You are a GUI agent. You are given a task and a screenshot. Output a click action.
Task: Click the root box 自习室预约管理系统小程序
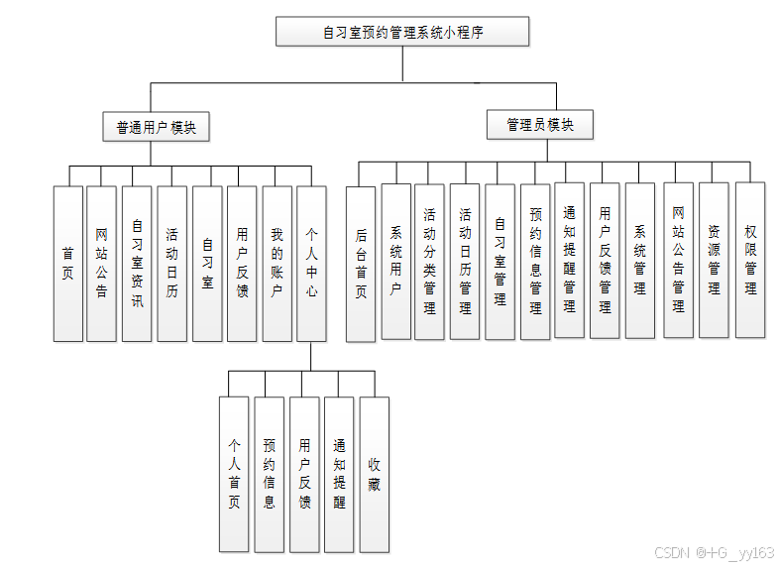click(402, 33)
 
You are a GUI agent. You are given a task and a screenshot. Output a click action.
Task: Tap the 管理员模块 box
click(540, 125)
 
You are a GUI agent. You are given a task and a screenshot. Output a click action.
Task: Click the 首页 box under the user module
click(68, 264)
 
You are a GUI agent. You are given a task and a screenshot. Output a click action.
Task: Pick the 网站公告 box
click(102, 264)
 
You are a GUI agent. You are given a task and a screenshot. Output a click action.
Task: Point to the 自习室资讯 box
click(137, 264)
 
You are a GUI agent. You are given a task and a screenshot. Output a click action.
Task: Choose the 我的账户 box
click(277, 264)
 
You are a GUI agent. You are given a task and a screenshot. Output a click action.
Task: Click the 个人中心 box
click(311, 264)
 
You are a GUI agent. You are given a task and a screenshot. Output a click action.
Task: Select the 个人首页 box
click(234, 474)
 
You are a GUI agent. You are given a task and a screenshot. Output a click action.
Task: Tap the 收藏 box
click(374, 474)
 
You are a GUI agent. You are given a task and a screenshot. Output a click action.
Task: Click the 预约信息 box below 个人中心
click(270, 474)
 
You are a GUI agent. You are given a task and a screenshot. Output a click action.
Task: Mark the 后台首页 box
click(361, 264)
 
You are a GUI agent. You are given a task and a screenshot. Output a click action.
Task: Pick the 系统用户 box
click(395, 262)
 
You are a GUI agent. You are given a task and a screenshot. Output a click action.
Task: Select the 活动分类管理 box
click(430, 262)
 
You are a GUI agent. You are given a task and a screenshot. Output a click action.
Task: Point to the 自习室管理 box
click(500, 262)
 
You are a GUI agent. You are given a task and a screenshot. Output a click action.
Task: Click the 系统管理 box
click(640, 261)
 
